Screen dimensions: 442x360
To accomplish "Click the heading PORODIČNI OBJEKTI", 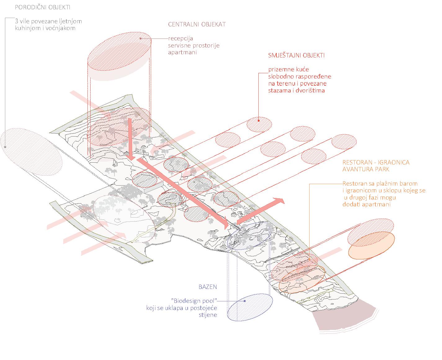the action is (x=42, y=7).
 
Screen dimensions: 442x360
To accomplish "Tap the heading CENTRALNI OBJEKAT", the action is (x=197, y=24).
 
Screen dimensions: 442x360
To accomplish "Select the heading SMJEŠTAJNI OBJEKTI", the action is (x=296, y=55).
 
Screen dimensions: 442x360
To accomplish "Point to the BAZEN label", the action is (x=208, y=287).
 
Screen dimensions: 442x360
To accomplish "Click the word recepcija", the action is (x=180, y=38).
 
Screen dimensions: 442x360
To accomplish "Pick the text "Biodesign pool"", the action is (x=194, y=301).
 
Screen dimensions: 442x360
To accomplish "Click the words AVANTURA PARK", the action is (x=366, y=169).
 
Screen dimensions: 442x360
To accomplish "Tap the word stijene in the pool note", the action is (x=208, y=315).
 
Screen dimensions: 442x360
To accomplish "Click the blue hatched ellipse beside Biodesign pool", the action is (x=250, y=308).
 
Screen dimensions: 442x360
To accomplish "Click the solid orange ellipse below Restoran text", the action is (x=371, y=245).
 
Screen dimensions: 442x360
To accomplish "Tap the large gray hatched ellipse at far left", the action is (x=31, y=152).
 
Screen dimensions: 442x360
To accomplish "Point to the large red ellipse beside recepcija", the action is (x=119, y=51).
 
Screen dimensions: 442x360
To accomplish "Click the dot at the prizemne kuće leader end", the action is (x=259, y=121).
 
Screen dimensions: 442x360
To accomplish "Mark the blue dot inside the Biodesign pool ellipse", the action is (x=245, y=301).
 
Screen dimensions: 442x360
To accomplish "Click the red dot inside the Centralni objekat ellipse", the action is (x=141, y=38).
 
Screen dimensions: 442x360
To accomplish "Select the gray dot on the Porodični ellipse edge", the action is (x=5, y=147).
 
